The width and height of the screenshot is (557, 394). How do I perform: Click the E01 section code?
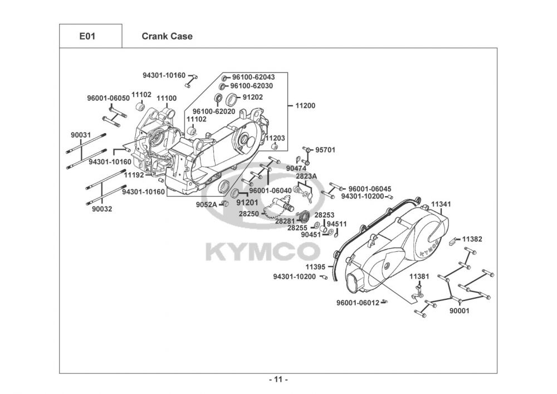87,36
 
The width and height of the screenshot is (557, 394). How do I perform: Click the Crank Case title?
167,36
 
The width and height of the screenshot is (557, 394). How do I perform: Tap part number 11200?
305,105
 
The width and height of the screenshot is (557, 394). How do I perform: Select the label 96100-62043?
253,77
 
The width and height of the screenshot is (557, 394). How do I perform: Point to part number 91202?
252,97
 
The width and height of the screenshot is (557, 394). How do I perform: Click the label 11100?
167,99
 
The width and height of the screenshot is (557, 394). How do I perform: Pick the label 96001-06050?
109,98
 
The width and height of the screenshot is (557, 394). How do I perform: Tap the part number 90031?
81,135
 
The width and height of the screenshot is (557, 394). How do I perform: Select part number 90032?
102,209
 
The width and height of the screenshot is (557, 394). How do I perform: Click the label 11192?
134,175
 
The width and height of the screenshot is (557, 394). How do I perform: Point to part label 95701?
325,150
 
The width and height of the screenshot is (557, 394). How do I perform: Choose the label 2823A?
306,176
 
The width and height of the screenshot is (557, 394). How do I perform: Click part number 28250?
248,214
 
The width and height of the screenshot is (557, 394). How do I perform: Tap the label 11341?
441,205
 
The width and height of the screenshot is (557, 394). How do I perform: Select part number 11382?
472,239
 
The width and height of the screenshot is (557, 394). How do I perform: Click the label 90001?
460,311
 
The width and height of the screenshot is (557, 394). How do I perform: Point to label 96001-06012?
358,303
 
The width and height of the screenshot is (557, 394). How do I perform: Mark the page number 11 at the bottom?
278,380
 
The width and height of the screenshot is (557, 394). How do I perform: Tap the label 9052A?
207,205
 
